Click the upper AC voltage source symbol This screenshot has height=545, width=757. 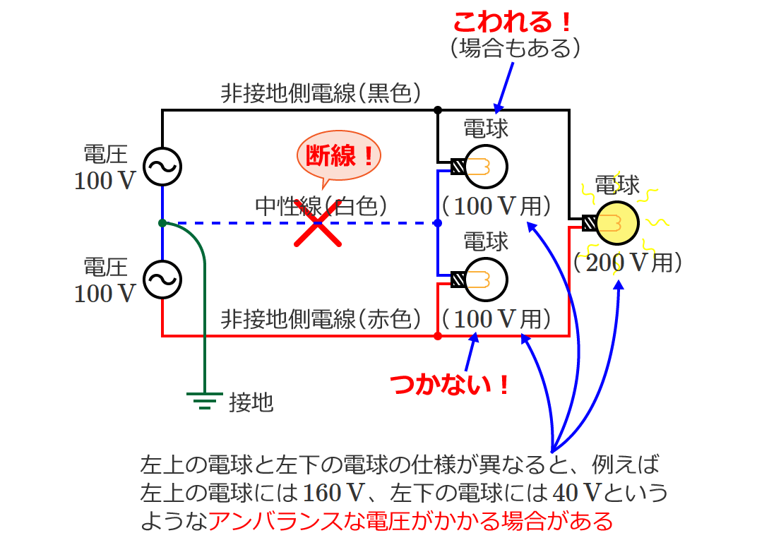point(162,167)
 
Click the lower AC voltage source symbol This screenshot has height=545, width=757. point(162,279)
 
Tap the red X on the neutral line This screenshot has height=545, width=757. point(318,223)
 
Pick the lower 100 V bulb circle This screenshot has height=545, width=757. point(487,279)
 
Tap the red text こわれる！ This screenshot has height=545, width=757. point(512,23)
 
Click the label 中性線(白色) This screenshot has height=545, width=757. point(322,205)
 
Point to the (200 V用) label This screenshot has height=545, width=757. point(627,263)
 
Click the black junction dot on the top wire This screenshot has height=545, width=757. point(438,110)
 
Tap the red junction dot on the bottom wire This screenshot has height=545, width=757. point(438,336)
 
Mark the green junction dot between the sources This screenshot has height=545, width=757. point(162,223)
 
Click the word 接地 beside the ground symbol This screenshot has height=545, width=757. point(251,402)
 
